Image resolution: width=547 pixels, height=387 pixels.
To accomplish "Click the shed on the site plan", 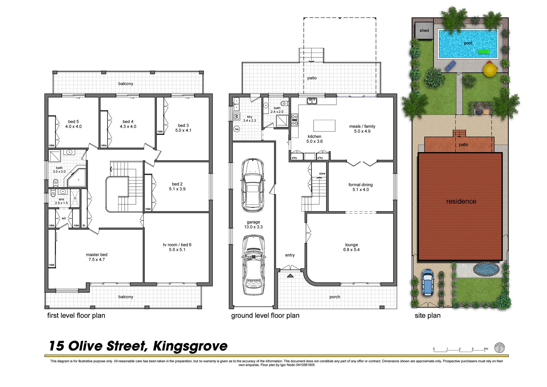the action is pyautogui.click(x=424, y=31).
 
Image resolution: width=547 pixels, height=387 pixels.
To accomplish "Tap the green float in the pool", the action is pyautogui.click(x=484, y=52).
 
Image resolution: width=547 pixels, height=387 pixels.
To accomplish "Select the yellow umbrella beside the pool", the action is pyautogui.click(x=491, y=69).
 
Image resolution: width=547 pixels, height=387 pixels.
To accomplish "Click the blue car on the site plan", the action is pyautogui.click(x=428, y=282).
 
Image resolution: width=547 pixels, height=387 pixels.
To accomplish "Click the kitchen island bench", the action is pyautogui.click(x=324, y=125).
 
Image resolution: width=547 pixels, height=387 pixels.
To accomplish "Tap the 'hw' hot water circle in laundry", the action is pyautogui.click(x=237, y=129).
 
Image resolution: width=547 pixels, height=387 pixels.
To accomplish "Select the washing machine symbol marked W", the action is pyautogui.click(x=237, y=116).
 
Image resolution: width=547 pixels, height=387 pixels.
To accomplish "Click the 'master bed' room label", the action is pyautogui.click(x=97, y=255).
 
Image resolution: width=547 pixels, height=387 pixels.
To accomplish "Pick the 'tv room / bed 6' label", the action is pyautogui.click(x=177, y=245).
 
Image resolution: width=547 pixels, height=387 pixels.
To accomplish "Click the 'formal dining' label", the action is pyautogui.click(x=361, y=185).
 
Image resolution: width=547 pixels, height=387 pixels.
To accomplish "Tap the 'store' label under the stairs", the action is pyautogui.click(x=322, y=174).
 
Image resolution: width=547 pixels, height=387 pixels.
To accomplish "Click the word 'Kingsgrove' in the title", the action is pyautogui.click(x=190, y=346).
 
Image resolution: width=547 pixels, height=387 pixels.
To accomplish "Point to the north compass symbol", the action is pyautogui.click(x=500, y=348).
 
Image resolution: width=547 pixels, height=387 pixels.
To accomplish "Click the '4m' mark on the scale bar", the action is pyautogui.click(x=486, y=349).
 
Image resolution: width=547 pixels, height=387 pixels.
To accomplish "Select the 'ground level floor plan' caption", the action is pyautogui.click(x=265, y=316).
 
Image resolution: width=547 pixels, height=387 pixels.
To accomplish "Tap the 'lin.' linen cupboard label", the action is pyautogui.click(x=84, y=225).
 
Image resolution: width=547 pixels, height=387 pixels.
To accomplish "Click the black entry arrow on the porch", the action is pyautogui.click(x=290, y=276).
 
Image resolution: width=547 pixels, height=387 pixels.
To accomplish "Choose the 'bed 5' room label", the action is pyautogui.click(x=74, y=122).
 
